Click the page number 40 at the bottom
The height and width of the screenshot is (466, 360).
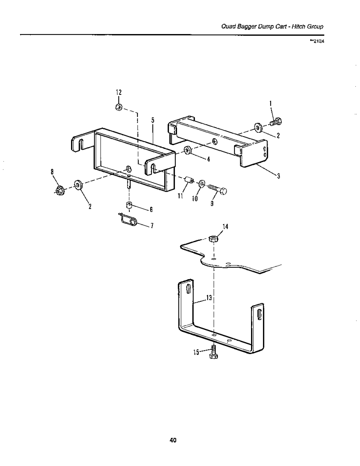click(x=172, y=440)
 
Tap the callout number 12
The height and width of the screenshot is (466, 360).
click(x=118, y=92)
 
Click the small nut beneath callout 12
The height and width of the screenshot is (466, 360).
click(x=118, y=107)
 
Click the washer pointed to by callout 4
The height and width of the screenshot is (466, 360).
click(x=187, y=150)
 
